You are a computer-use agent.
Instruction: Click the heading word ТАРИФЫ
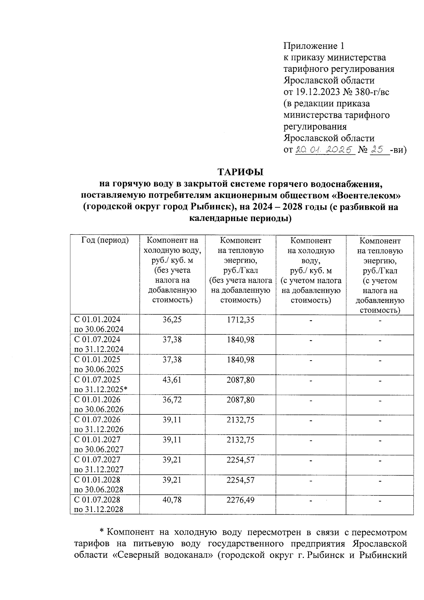[241, 172]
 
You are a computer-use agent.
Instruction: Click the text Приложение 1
[314, 46]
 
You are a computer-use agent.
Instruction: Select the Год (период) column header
[105, 240]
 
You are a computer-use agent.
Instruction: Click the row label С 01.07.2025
[97, 380]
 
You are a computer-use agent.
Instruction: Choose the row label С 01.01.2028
[97, 480]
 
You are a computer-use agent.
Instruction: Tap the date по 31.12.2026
[99, 430]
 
